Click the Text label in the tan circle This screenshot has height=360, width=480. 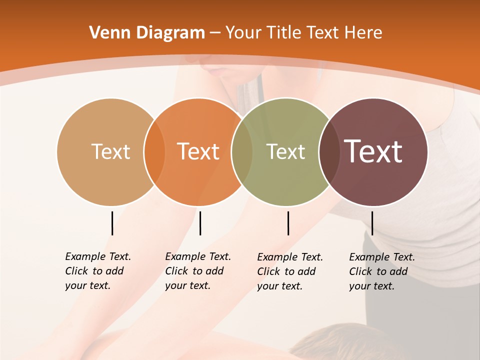click(x=110, y=151)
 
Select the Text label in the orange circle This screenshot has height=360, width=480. click(x=198, y=151)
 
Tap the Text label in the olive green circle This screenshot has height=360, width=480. click(x=285, y=151)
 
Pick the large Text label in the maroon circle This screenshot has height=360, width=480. click(x=373, y=151)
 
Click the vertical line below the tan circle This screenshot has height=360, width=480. click(x=112, y=223)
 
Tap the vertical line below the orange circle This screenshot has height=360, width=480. click(x=200, y=223)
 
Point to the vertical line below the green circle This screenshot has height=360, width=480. click(x=288, y=223)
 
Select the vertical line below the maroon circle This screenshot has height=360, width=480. click(x=372, y=223)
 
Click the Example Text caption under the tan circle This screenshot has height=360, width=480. click(x=97, y=271)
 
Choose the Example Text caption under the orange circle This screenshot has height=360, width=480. click(x=197, y=271)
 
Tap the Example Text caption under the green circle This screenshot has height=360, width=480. click(x=289, y=271)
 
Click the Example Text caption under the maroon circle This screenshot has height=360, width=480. click(x=381, y=271)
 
